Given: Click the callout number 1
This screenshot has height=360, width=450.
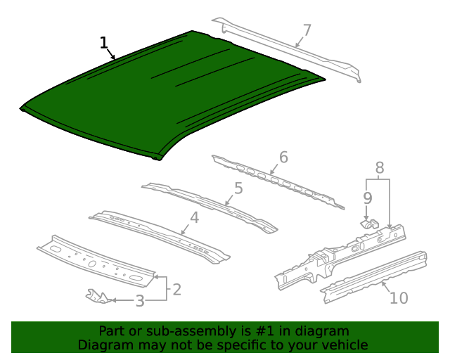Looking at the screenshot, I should (x=103, y=44).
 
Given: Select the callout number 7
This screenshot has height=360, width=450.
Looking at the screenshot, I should (x=307, y=30).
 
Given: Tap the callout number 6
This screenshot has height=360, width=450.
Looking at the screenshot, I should (x=283, y=157).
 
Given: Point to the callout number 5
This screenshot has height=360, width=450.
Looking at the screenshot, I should (x=238, y=188).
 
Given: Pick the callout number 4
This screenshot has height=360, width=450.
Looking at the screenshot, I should (x=194, y=218).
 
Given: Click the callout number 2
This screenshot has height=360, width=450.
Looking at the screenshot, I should (x=176, y=289).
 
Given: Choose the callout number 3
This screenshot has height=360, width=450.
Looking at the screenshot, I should (x=140, y=301).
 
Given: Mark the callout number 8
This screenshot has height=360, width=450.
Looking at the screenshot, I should (x=380, y=168).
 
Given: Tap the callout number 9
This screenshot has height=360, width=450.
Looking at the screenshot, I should (x=366, y=198).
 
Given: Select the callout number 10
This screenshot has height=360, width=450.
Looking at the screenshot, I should (x=398, y=298).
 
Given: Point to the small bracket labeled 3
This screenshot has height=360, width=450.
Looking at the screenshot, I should (x=97, y=296).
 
